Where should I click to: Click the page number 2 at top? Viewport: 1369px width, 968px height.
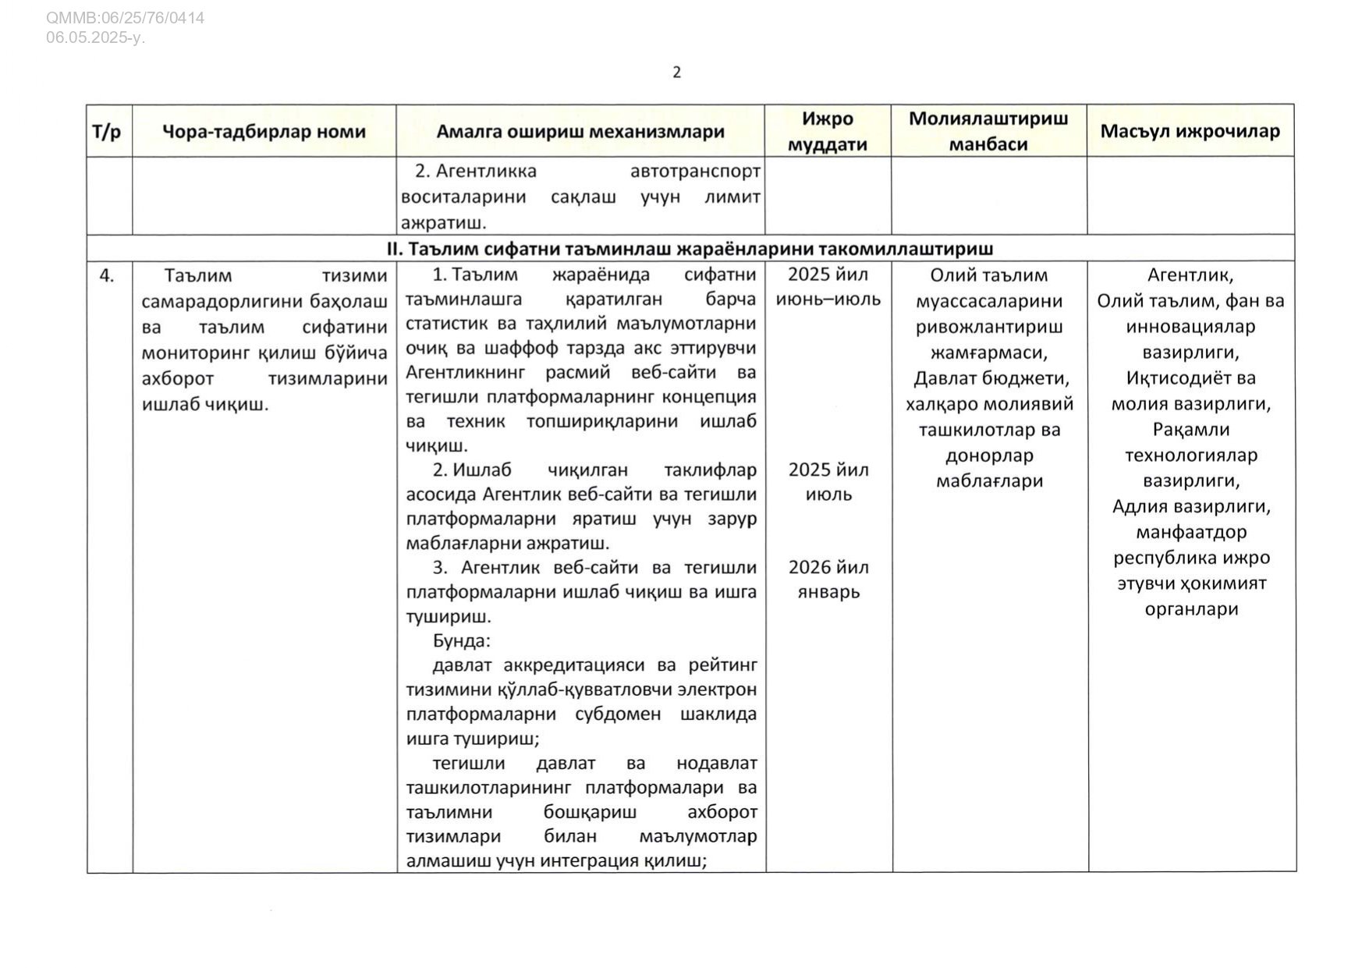click(676, 73)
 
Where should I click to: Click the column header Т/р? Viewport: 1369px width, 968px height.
click(108, 131)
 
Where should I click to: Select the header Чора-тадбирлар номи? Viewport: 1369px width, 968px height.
click(264, 131)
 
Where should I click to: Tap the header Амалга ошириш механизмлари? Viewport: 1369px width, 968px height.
click(580, 131)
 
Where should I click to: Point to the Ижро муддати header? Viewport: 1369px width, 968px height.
click(828, 131)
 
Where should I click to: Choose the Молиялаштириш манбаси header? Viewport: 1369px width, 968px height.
click(988, 131)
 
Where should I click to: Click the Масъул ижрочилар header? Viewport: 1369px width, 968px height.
click(1190, 131)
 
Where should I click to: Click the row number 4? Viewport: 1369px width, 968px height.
click(107, 275)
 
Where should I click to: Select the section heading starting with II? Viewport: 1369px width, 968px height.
click(690, 249)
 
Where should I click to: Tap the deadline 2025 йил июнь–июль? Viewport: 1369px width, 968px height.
click(828, 286)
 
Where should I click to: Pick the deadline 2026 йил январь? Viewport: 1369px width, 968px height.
click(828, 579)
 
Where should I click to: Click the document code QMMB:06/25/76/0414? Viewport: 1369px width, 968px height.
click(125, 18)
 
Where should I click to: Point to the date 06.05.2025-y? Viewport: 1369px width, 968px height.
click(95, 37)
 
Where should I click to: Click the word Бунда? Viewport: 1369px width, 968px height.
click(462, 641)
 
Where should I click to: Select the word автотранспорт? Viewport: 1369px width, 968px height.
click(695, 171)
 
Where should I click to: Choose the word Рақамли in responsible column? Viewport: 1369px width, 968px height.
click(1190, 430)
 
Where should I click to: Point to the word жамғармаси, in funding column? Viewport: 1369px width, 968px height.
click(988, 353)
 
